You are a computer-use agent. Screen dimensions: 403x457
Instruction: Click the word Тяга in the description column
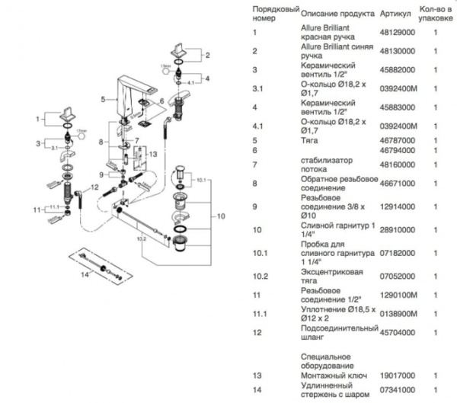pyautogui.click(x=310, y=141)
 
